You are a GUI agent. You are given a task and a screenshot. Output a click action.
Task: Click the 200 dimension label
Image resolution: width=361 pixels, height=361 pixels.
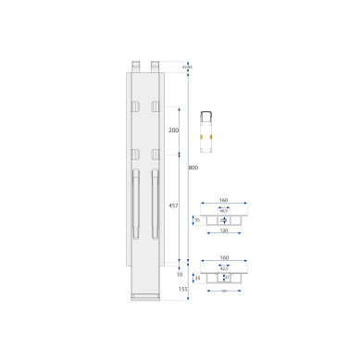coord(173,131)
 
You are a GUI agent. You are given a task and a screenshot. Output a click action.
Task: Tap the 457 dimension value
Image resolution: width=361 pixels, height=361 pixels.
coord(173,205)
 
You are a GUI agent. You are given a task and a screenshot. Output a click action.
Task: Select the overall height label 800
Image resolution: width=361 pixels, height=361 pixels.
coord(193,168)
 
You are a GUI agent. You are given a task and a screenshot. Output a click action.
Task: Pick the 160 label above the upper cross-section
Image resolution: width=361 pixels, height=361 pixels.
coord(223,201)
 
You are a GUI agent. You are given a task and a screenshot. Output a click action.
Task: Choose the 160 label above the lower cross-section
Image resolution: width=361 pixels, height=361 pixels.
coord(223,258)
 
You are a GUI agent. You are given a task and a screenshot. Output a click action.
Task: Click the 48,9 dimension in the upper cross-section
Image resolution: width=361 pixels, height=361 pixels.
coord(223,211)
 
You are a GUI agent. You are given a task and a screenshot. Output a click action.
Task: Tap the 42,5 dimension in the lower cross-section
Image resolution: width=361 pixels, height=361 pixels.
coord(223,268)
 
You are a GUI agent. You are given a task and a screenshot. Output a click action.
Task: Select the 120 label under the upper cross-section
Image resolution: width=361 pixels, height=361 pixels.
coord(223,232)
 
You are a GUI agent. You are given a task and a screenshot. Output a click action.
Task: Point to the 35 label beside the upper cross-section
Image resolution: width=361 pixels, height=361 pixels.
coord(196,220)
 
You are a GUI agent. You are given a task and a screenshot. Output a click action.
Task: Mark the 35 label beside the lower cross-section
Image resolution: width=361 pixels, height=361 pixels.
coord(196,277)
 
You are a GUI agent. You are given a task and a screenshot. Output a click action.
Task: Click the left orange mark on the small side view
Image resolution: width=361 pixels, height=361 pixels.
coord(204,131)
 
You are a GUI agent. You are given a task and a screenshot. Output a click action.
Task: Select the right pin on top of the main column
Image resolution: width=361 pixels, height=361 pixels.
coord(155,66)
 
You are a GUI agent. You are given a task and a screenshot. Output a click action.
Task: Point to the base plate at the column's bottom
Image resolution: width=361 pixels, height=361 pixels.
coord(145,296)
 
